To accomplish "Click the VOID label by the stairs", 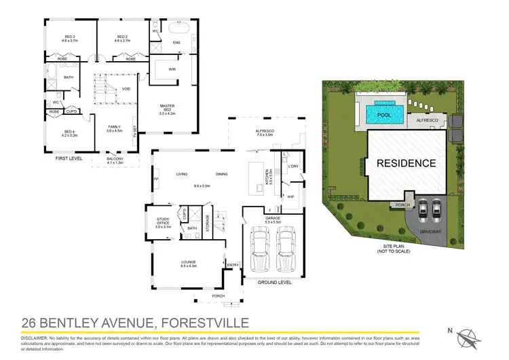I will pos(126,90).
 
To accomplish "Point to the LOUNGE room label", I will pos(189,263).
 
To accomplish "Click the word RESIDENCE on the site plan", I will pos(407,163).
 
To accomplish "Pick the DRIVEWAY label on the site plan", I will pos(430,231).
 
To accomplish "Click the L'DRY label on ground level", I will pos(294,166).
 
